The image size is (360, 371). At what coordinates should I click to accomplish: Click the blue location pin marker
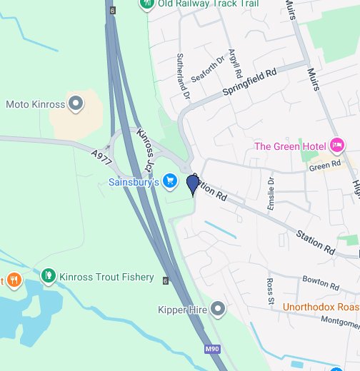(x=192, y=185)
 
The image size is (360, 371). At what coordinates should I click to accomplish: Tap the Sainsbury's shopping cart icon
(x=169, y=182)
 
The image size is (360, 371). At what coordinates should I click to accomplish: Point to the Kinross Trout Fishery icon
(x=49, y=276)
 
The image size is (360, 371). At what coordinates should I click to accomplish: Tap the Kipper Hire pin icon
(x=219, y=310)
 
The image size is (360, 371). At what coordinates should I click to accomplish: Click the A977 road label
(x=101, y=158)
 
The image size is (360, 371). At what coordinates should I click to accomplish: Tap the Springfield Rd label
(x=249, y=83)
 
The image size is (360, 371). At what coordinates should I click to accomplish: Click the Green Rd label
(x=322, y=167)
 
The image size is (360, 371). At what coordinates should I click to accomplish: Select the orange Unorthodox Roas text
(x=321, y=308)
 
